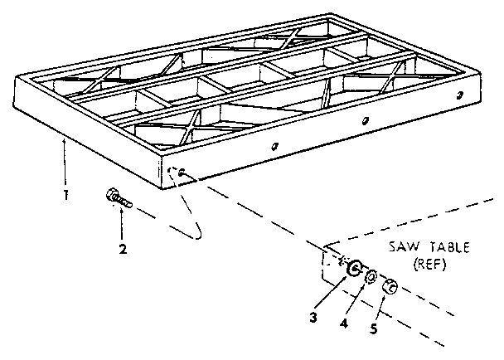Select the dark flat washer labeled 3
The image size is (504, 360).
354,267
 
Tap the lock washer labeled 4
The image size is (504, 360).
372,276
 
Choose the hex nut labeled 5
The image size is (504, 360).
392,287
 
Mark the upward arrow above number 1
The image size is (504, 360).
63,162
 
